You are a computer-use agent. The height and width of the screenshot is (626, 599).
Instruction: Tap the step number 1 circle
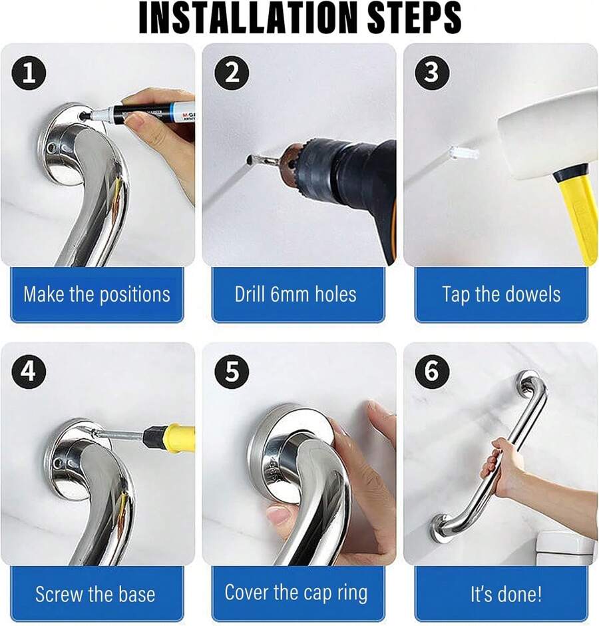coord(29,74)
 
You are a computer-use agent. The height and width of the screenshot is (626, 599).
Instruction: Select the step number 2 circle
coord(231,74)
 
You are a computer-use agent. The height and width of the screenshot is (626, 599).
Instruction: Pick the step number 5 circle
coord(231,372)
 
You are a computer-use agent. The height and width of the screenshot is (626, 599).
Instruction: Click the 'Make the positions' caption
coord(97,294)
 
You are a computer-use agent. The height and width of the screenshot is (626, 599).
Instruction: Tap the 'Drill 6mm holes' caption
coord(296,294)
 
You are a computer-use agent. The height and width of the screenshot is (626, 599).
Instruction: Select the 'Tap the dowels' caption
coord(501,294)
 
